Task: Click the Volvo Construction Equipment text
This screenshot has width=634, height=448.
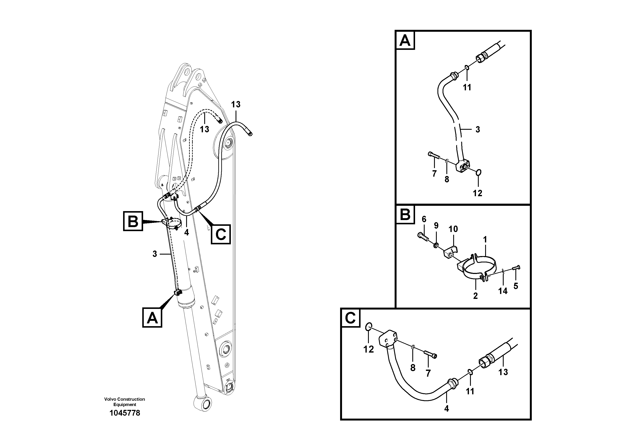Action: click(x=125, y=402)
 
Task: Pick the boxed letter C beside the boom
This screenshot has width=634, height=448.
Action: click(x=221, y=235)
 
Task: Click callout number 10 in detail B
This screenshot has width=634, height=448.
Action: click(x=453, y=229)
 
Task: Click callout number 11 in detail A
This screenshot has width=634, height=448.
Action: click(x=467, y=88)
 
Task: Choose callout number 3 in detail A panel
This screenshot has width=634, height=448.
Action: click(x=478, y=129)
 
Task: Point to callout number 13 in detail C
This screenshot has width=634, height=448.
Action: click(x=503, y=372)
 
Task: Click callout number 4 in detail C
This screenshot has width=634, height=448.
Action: click(x=447, y=409)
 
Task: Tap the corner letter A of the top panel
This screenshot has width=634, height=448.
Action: click(x=405, y=40)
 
